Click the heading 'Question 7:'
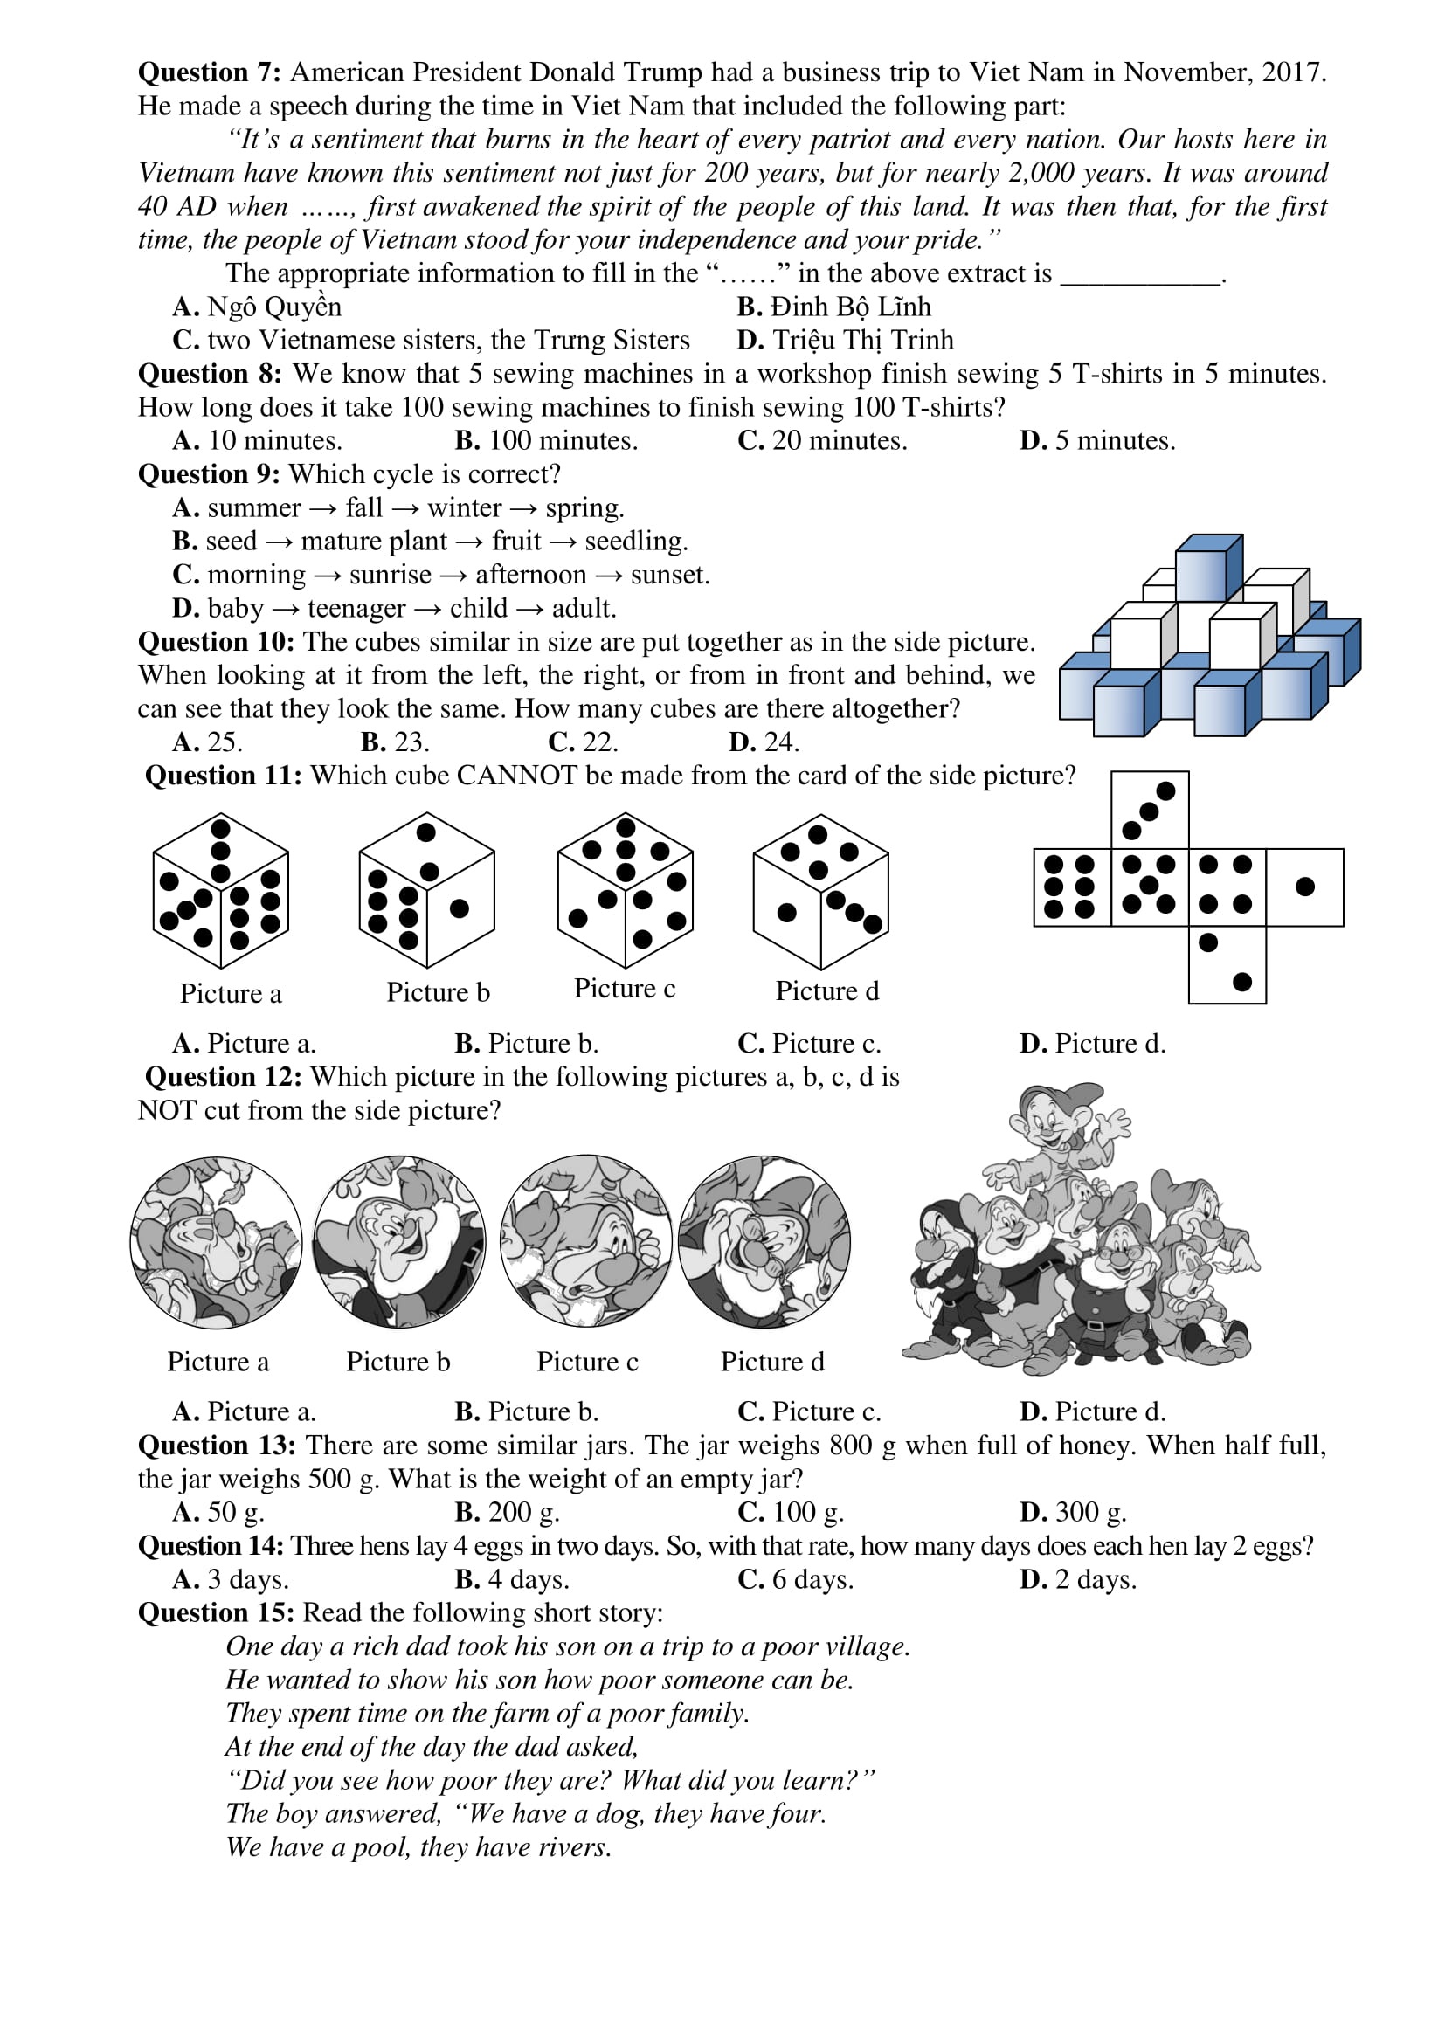coord(209,72)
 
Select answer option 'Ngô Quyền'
coord(273,307)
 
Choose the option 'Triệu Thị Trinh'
coord(862,340)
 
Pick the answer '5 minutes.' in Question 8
coord(1114,440)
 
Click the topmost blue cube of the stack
coord(1206,567)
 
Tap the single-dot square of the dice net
coord(1304,887)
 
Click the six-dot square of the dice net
coord(1072,887)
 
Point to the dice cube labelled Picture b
coord(426,891)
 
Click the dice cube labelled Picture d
coord(820,891)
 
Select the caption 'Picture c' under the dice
coord(625,989)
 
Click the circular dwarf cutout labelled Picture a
coord(216,1243)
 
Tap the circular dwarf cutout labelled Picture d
coord(764,1242)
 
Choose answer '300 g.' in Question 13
coord(1090,1513)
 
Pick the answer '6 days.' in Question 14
coord(812,1579)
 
